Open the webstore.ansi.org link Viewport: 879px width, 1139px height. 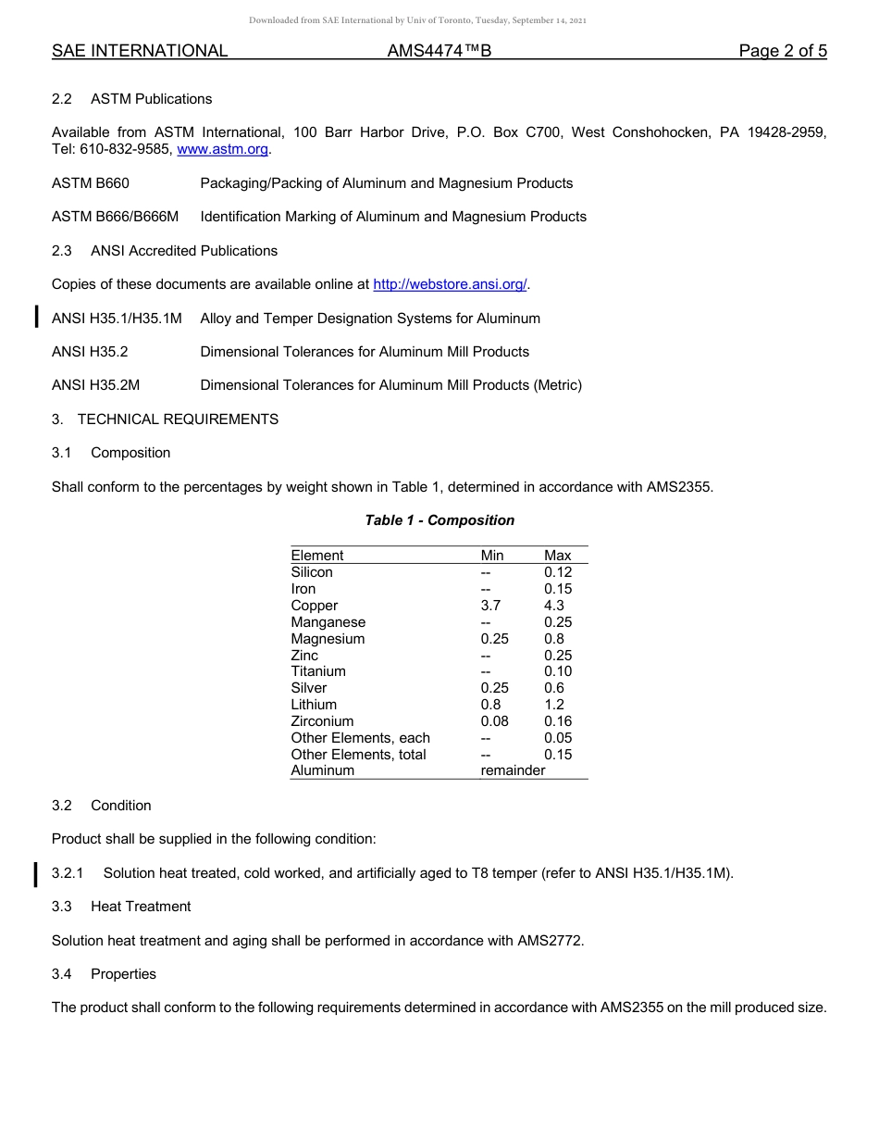point(450,284)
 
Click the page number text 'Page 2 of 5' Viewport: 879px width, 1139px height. point(782,51)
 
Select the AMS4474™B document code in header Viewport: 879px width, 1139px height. point(439,51)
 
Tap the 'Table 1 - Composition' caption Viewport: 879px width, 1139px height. point(439,520)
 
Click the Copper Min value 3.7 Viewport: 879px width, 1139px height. point(490,606)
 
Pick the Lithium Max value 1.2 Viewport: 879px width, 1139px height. point(553,705)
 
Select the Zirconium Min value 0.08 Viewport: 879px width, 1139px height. point(494,721)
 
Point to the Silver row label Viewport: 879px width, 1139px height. point(308,688)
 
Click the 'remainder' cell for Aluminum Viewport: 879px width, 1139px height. point(513,770)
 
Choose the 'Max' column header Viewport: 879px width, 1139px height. point(557,556)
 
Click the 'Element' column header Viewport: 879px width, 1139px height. point(316,556)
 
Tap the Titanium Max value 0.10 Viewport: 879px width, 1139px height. point(558,671)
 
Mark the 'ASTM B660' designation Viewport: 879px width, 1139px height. point(91,183)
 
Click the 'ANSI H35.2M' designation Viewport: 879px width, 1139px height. point(96,385)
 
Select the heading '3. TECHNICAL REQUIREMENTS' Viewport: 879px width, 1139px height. point(165,419)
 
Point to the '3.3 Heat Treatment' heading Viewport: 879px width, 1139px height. point(121,907)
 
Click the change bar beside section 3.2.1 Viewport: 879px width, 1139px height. point(36,873)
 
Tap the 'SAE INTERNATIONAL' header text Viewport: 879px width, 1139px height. point(140,51)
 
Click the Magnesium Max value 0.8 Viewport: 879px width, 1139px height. point(553,639)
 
